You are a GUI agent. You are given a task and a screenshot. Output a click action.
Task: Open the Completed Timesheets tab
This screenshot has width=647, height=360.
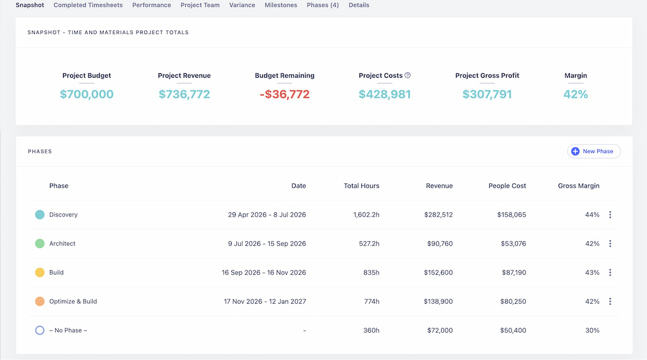coord(88,5)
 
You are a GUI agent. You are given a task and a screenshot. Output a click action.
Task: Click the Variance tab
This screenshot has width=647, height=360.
coord(242,5)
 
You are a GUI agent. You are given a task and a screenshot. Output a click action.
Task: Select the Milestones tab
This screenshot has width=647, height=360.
coord(281,5)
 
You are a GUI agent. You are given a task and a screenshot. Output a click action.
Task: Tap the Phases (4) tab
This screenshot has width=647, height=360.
coord(323,5)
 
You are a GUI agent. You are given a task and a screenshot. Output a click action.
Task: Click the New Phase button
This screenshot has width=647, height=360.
coord(594,152)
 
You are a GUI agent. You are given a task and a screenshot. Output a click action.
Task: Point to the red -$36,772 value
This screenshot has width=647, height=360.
coord(285,95)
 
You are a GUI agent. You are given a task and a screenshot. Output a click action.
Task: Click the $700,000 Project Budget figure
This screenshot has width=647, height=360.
coord(87,95)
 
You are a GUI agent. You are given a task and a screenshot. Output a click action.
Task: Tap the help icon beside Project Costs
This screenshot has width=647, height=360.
coord(408,75)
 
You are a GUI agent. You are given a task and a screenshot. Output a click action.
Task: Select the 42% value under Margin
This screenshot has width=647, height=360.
coord(576,95)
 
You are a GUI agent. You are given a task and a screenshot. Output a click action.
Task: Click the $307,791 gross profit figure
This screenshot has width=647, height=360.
coord(487,95)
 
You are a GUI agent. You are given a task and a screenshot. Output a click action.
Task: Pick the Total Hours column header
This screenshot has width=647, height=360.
coord(361,186)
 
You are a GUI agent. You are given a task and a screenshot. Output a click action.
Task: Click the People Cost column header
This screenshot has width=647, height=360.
coord(507,186)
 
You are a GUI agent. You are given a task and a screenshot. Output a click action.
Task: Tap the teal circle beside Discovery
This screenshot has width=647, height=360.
coord(40,215)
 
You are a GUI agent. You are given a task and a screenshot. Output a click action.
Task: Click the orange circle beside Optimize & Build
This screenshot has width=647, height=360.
coord(40,301)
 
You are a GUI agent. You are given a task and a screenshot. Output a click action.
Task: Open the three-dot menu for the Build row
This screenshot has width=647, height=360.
coord(610,273)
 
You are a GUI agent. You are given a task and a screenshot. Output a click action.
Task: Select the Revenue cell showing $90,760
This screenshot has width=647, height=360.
coord(440,244)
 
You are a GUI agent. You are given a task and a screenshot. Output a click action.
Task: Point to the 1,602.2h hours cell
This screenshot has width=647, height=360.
coord(366,215)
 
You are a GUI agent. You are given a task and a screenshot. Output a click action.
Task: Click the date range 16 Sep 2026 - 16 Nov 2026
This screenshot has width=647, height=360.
coord(263,273)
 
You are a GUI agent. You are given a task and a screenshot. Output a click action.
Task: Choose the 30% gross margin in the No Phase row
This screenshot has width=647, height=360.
coord(592,330)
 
